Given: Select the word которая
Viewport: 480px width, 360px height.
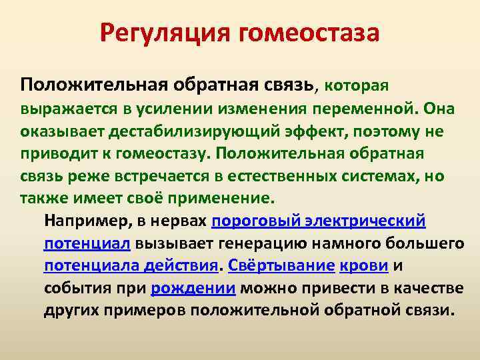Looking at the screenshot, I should (x=357, y=85).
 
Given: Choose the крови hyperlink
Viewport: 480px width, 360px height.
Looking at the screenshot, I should (x=365, y=266).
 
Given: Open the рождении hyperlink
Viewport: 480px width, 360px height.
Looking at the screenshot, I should (x=193, y=289).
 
